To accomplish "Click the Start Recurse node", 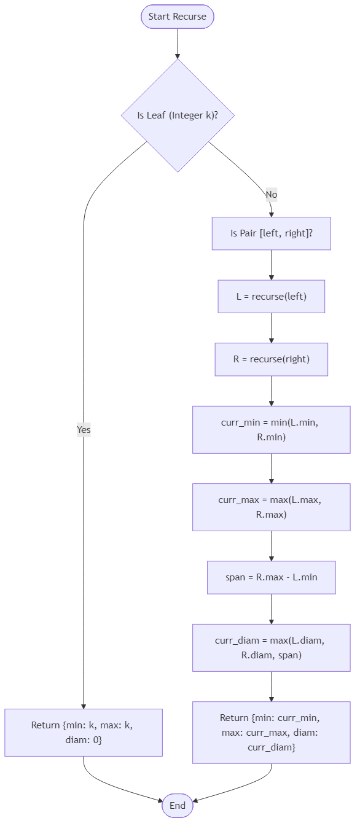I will [x=178, y=17].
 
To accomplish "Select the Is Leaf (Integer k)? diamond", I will [x=178, y=115].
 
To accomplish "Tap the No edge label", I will [x=271, y=195].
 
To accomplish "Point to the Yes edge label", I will [x=84, y=430].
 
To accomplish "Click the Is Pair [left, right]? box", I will [x=271, y=233].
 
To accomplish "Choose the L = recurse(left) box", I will [x=271, y=296].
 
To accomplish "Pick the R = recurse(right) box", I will [x=271, y=359].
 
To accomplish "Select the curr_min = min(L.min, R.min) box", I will [x=271, y=429].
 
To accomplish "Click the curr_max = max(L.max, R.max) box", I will [x=271, y=507].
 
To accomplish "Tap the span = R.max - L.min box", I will [x=271, y=577].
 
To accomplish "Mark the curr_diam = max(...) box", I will [x=271, y=647].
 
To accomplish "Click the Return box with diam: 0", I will [x=84, y=732].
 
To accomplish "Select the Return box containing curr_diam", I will [x=271, y=732].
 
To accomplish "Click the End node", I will [x=178, y=806].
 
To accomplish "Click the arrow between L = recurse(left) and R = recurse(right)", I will [x=271, y=328].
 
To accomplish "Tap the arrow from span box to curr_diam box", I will [x=271, y=609].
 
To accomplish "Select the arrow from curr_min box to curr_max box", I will [x=271, y=468].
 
